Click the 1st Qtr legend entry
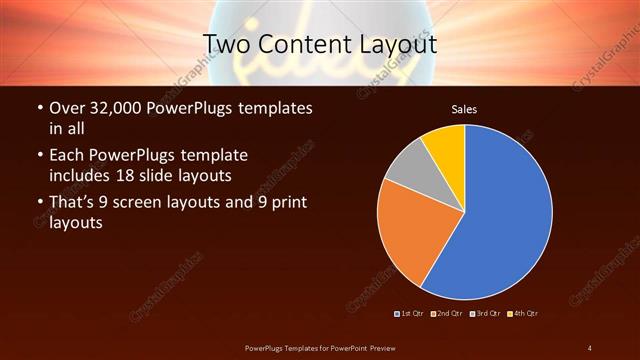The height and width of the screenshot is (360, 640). coord(411,313)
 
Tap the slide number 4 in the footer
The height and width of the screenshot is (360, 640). coord(590,348)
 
